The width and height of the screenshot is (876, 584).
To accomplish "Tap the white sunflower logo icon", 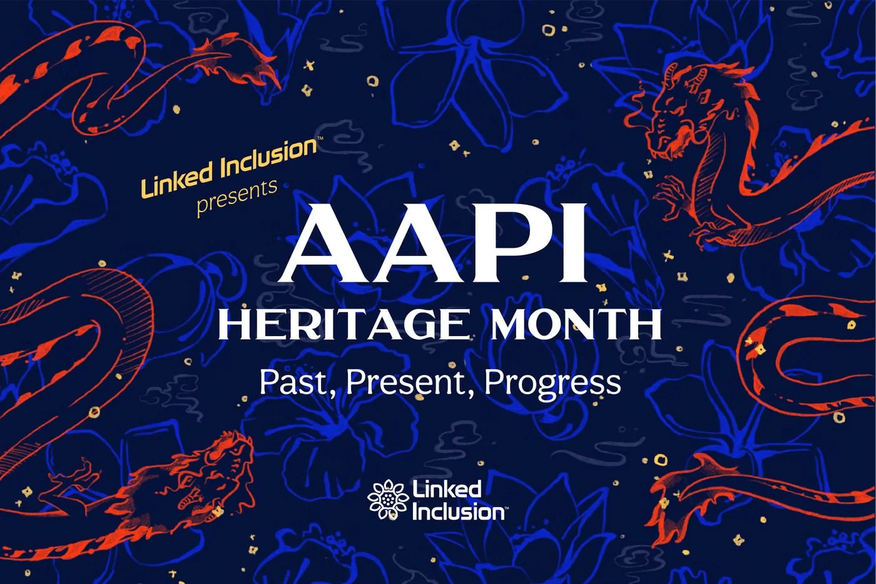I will tap(387, 499).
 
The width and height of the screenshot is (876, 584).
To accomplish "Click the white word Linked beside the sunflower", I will tap(446, 489).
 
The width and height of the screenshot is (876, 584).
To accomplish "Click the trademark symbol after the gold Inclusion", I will tap(320, 138).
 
